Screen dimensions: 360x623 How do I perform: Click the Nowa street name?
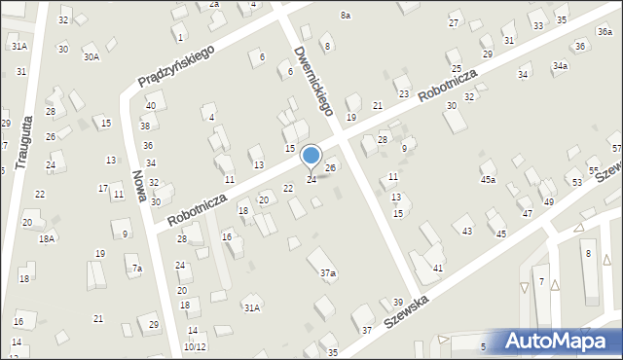[142, 191]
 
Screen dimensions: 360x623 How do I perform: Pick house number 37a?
[328, 274]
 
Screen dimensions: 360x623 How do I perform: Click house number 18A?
[46, 238]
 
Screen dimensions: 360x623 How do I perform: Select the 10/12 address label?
[195, 346]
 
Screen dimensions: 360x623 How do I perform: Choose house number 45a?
[488, 180]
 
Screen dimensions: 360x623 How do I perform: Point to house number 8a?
[346, 16]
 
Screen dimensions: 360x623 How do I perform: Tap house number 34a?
[560, 66]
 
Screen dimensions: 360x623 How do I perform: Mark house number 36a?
[605, 32]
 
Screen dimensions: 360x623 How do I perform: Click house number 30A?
[91, 57]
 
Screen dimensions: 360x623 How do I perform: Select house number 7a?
[137, 269]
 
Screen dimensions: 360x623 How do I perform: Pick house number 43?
[467, 231]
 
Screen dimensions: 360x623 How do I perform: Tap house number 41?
[438, 268]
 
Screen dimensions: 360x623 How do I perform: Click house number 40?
[150, 105]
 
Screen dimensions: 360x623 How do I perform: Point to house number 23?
[403, 93]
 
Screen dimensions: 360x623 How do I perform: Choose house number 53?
[576, 183]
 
